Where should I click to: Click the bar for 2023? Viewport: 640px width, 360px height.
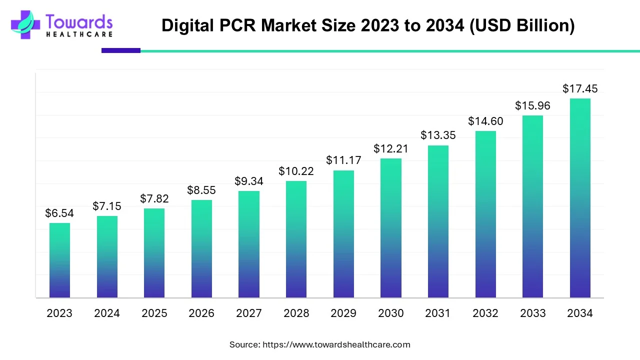59,260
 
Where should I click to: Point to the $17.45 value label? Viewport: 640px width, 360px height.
580,89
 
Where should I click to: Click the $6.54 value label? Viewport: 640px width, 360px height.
59,213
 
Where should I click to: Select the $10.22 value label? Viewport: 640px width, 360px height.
296,171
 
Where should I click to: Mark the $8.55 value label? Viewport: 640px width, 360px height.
201,190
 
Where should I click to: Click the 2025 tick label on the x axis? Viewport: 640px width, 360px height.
154,313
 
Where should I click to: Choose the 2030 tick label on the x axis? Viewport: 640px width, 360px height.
391,313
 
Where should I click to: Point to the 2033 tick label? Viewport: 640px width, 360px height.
533,313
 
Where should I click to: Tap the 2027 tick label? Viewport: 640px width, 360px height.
249,313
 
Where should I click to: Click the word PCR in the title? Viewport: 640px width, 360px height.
242,25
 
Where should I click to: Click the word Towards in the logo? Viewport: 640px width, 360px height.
79,22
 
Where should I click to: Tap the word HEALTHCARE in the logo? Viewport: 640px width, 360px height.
79,34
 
